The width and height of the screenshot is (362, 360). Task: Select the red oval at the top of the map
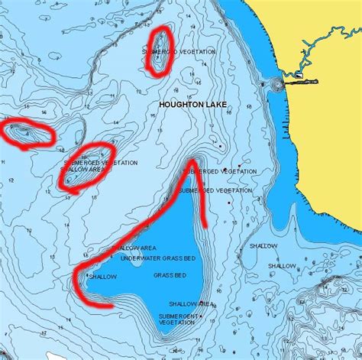click(159, 51)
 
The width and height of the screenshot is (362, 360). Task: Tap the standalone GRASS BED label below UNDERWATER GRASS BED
click(169, 275)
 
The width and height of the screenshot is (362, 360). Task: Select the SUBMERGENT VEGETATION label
click(178, 319)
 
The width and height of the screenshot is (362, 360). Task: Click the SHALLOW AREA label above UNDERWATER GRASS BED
click(137, 248)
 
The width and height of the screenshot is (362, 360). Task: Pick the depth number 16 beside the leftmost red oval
click(44, 112)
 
